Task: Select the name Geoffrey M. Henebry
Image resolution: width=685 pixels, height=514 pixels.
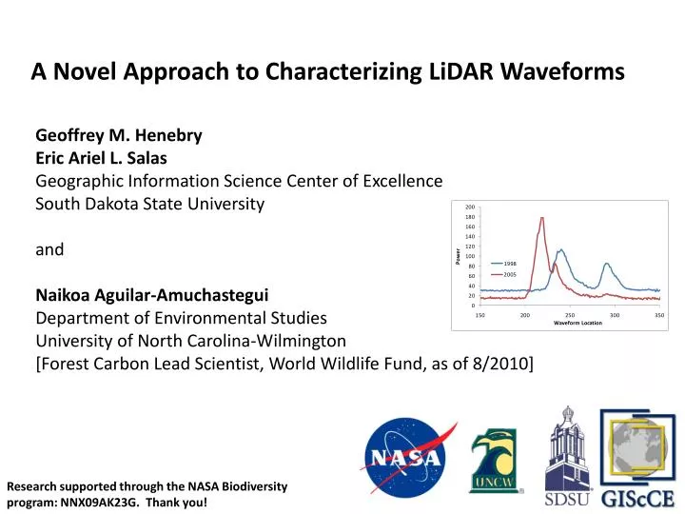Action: (119, 135)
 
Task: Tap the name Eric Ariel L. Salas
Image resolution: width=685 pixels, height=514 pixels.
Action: (102, 158)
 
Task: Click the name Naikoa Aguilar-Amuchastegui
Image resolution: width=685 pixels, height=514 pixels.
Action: (152, 295)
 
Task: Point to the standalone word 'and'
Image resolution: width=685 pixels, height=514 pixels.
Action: (49, 249)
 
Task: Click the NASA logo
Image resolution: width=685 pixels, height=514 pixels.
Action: (407, 457)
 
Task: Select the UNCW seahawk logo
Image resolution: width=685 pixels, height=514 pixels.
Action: (496, 461)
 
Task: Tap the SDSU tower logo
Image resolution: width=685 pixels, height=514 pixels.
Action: (567, 456)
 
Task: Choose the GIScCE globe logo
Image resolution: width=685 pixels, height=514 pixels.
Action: (637, 458)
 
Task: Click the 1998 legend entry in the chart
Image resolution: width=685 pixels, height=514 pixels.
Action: (503, 264)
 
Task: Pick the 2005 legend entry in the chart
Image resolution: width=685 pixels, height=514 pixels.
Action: (503, 274)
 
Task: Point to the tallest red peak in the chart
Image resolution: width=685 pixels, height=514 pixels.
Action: (542, 218)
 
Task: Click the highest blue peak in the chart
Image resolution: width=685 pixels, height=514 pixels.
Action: (560, 250)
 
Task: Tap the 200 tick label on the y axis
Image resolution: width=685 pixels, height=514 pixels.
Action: (470, 208)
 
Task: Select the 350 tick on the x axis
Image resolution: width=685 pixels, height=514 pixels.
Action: (659, 315)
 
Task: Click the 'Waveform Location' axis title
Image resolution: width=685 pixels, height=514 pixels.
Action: (577, 323)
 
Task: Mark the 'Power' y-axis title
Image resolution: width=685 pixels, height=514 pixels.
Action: (458, 256)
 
